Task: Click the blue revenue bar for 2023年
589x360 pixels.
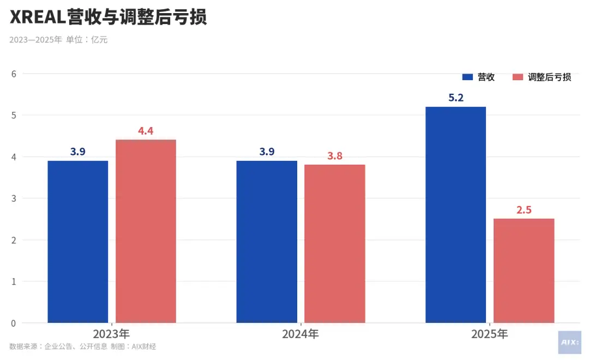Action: click(78, 242)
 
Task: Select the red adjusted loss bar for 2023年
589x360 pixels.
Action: click(146, 231)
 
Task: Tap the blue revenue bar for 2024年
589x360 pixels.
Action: click(267, 242)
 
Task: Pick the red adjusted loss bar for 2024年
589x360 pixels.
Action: click(334, 244)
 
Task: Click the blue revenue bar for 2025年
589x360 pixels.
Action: click(455, 214)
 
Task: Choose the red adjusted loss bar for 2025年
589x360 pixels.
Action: click(524, 271)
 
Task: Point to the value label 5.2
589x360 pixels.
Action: click(455, 98)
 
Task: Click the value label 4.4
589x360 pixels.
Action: click(146, 131)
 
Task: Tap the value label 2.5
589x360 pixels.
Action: click(524, 210)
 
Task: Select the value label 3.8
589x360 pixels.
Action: click(334, 156)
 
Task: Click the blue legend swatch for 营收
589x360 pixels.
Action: click(467, 77)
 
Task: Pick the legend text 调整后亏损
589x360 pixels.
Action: click(549, 77)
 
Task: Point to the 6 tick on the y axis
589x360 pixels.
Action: click(13, 74)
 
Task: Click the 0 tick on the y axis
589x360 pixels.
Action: click(13, 323)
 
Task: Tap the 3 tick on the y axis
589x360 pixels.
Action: click(13, 199)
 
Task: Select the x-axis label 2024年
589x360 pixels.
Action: click(300, 334)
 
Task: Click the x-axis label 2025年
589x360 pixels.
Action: click(489, 334)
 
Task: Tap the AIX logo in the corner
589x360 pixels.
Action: click(569, 343)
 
